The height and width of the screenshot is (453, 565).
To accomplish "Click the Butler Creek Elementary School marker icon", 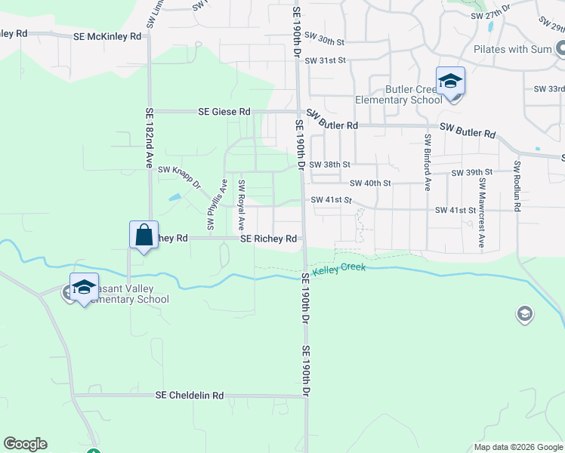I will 450,80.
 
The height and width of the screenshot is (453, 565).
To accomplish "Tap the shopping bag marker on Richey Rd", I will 144,235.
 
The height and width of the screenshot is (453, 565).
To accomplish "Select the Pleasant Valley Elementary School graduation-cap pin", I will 84,287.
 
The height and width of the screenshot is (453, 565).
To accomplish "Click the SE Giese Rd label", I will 224,112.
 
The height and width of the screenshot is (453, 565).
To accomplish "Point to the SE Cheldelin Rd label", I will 190,395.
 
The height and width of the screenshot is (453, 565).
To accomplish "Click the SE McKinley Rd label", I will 107,36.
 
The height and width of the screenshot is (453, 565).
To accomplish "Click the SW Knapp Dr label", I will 179,177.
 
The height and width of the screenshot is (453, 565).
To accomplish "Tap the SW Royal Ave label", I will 242,205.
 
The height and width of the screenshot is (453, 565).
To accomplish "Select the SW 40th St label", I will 370,183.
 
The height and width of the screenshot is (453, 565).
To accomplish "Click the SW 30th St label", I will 326,41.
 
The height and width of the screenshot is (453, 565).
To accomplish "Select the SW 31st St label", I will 325,60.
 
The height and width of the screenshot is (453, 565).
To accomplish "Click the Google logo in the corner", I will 25,444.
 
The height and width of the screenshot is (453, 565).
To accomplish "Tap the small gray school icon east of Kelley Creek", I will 524,313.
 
